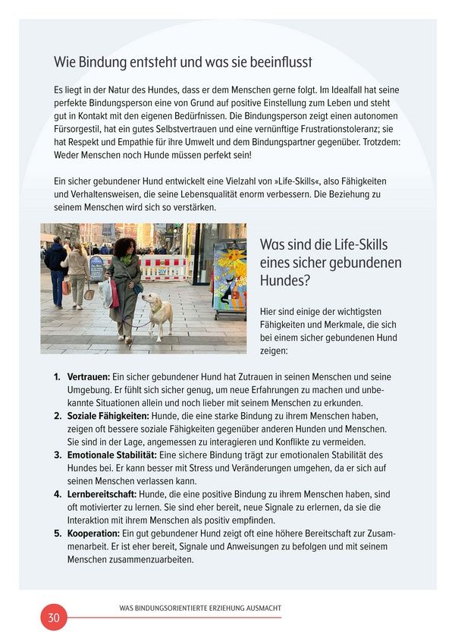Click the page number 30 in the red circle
click(x=54, y=617)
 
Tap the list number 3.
click(x=57, y=455)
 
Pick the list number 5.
click(x=57, y=533)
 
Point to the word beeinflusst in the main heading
click(x=276, y=61)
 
